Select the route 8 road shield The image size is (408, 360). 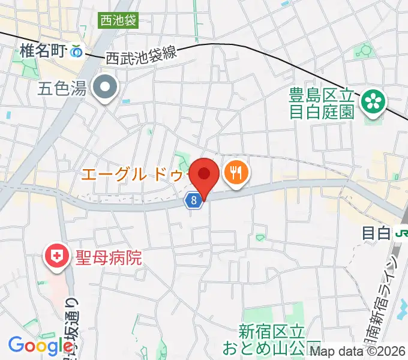[192, 202]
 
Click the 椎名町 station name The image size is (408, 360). [41, 51]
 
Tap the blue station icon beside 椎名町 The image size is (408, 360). [76, 52]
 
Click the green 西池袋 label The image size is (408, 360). [119, 21]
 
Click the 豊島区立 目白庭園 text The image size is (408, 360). [322, 104]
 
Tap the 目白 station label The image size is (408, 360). [376, 232]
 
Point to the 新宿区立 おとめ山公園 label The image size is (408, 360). [272, 339]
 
